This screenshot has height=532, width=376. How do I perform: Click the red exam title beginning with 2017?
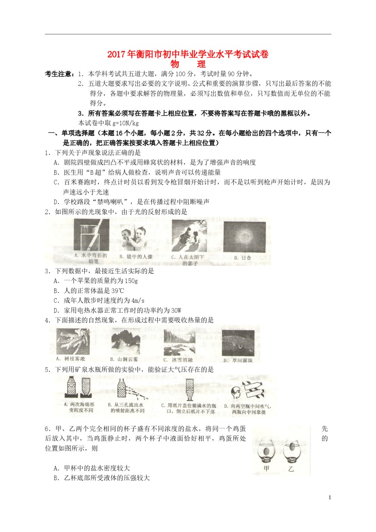tap(188, 54)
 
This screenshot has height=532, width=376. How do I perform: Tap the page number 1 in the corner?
tap(330, 498)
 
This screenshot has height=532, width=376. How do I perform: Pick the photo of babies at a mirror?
tap(135, 237)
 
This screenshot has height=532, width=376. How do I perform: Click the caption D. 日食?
tap(242, 258)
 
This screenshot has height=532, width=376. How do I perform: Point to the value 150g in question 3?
tap(130, 281)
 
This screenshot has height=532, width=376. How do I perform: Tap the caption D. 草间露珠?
tap(237, 360)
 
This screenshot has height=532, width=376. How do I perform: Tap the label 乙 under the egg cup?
tap(291, 469)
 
